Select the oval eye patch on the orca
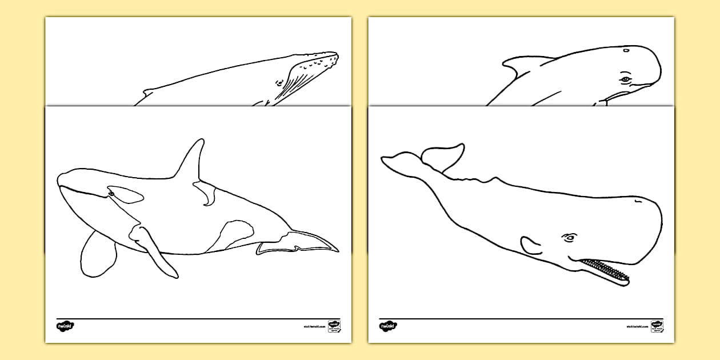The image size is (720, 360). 126,195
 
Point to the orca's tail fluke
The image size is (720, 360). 297,244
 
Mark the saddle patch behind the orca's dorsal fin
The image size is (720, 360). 206,194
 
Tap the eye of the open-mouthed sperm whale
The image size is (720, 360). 570,238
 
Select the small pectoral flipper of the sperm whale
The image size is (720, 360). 531,246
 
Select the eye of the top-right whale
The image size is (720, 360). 626,79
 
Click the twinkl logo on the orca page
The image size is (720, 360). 65,326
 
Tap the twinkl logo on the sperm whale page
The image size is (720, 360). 387,326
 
